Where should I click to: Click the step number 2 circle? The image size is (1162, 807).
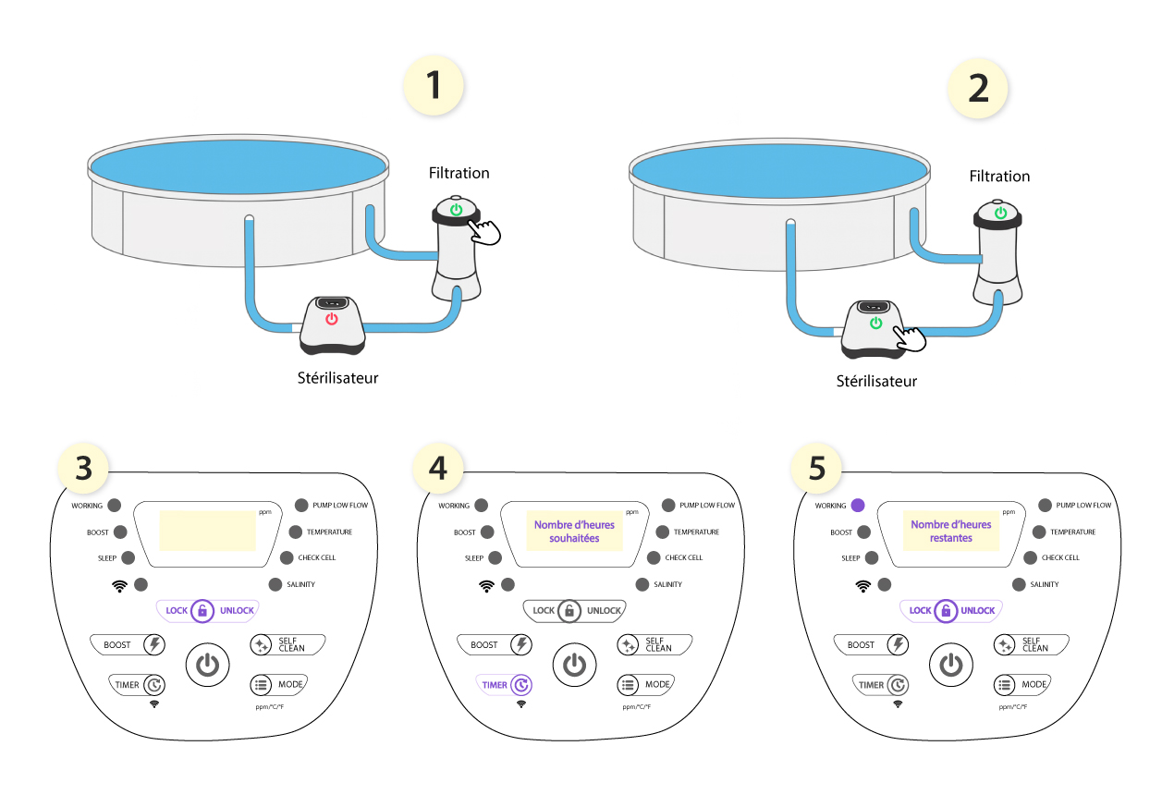977,89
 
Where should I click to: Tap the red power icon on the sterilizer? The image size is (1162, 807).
332,320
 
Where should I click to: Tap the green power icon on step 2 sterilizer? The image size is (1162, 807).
875,324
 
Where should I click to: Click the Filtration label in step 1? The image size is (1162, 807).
459,173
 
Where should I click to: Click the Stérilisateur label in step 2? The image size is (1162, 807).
876,381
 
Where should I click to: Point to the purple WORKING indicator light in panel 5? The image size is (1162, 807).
858,506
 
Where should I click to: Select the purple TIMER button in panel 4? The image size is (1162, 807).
506,685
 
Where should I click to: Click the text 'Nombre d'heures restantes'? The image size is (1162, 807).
951,531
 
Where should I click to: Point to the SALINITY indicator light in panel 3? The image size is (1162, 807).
275,584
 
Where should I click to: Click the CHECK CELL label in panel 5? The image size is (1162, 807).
1060,557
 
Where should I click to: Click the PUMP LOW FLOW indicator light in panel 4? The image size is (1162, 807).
668,506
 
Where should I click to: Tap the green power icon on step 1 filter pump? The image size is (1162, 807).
456,210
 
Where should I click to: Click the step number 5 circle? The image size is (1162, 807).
817,469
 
